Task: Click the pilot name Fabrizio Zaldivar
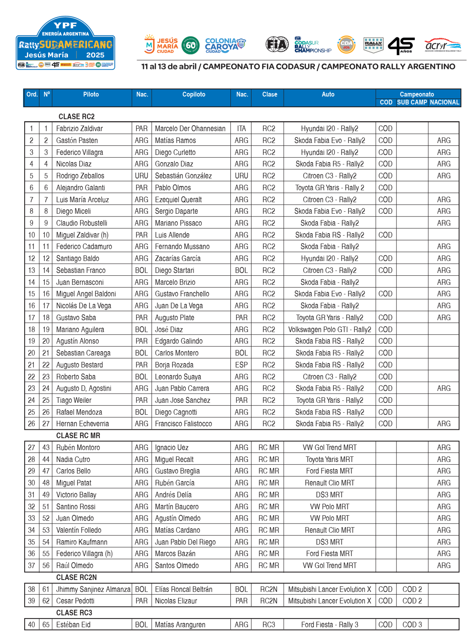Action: pyautogui.click(x=79, y=129)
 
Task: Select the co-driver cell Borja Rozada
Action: pyautogui.click(x=174, y=365)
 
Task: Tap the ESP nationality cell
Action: pyautogui.click(x=241, y=365)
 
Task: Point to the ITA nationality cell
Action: pyautogui.click(x=241, y=129)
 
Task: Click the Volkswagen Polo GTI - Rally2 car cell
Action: pyautogui.click(x=329, y=330)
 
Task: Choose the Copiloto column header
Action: pyautogui.click(x=193, y=95)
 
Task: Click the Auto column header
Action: pyautogui.click(x=328, y=95)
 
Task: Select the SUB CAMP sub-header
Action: pyautogui.click(x=412, y=102)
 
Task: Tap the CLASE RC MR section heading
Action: pyautogui.click(x=78, y=436)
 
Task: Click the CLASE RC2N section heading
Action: pyautogui.click(x=76, y=578)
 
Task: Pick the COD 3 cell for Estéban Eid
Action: pyautogui.click(x=412, y=625)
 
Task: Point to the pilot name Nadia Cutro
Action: pyautogui.click(x=73, y=460)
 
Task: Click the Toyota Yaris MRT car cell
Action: pyautogui.click(x=329, y=460)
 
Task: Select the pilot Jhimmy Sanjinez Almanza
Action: pyautogui.click(x=93, y=590)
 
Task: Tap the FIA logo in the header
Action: pyautogui.click(x=277, y=44)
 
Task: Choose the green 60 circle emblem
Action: pyautogui.click(x=191, y=45)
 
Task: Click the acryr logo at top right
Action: pyautogui.click(x=443, y=45)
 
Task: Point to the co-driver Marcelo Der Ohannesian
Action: pyautogui.click(x=190, y=129)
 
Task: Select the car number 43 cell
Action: pyautogui.click(x=46, y=448)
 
